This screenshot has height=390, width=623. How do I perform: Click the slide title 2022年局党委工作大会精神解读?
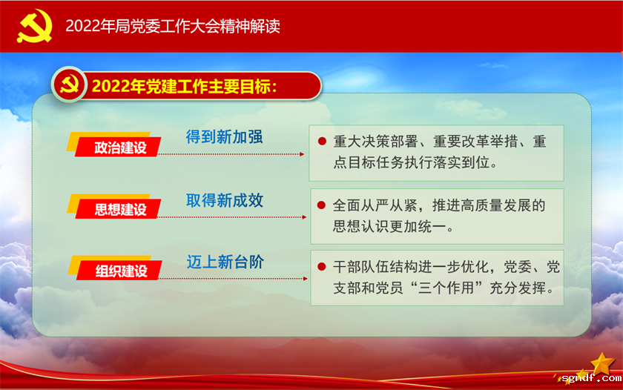172,26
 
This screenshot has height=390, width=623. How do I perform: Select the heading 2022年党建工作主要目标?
184,86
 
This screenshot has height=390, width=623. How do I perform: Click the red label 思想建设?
119,209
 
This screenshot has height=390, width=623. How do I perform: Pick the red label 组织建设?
119,271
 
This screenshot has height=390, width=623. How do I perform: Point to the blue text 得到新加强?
225,137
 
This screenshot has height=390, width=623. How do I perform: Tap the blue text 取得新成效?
225,200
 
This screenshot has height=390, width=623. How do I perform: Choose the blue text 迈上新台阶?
225,262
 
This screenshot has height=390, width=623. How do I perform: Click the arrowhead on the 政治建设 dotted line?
302,155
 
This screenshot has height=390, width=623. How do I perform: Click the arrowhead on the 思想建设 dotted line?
302,217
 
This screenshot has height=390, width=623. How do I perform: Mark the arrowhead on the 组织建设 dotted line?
302,279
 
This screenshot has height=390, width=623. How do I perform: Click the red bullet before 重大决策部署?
322,141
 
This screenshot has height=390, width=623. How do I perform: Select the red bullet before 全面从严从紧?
322,205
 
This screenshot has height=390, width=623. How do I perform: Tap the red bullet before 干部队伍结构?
322,266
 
